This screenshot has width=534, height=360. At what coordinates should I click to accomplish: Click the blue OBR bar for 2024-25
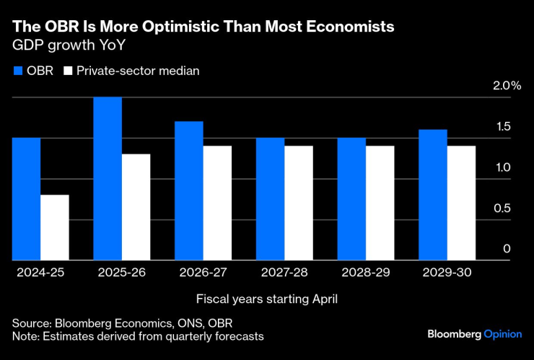pos(27,198)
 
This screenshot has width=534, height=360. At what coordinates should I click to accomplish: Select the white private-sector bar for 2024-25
pos(55,227)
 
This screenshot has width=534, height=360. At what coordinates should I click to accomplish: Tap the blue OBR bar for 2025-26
pos(108,178)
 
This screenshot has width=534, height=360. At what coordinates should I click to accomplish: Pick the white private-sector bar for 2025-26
pos(136,207)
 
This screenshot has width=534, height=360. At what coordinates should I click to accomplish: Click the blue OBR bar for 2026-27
pos(189,190)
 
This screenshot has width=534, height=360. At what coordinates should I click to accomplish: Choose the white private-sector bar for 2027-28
pos(299,203)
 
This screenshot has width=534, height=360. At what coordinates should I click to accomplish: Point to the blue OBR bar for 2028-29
pos(351,198)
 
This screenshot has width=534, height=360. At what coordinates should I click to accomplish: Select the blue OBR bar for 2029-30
pos(433,195)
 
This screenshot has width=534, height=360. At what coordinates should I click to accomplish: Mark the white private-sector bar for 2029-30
pos(462,203)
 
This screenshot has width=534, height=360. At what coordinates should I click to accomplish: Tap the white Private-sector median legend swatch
pos(69,71)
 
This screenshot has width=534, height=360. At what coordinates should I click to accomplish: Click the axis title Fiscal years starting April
pos(267,298)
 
